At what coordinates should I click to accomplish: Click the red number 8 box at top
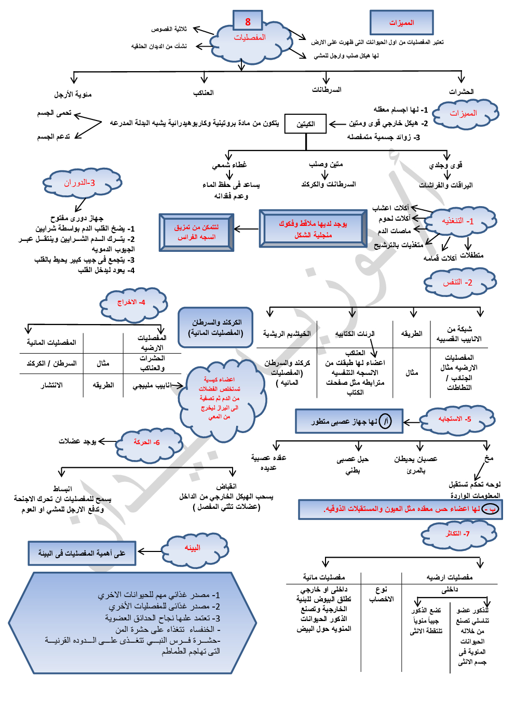point(248,22)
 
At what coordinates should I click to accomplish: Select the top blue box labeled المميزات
point(401,23)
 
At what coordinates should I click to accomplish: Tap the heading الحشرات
point(461,92)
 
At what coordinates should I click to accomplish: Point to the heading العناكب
point(204,93)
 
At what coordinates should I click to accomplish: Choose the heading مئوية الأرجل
point(73,95)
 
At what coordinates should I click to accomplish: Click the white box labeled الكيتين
point(306,124)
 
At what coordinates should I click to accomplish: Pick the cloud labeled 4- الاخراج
point(132,303)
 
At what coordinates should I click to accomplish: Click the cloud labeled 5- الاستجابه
point(455,419)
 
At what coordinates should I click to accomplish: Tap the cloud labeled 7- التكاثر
point(458,534)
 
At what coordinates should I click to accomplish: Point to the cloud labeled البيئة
point(193,548)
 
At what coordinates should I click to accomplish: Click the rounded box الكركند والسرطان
point(216,328)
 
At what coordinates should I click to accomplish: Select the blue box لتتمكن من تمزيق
point(196,232)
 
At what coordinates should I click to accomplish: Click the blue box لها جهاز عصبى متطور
point(349,421)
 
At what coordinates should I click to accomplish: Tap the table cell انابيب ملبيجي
point(152,386)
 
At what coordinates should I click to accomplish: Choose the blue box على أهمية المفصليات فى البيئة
point(82,554)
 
